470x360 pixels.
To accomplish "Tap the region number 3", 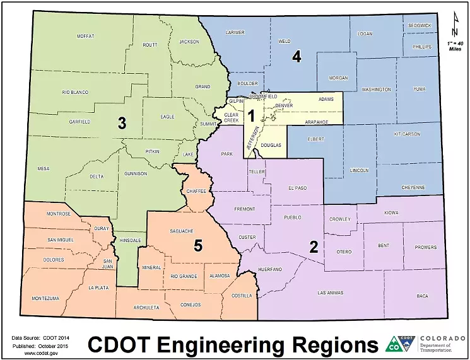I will (x=122, y=124).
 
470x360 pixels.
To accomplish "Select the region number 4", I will (x=297, y=57).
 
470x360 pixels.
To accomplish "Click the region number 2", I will (x=313, y=247).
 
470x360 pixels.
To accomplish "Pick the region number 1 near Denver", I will (x=250, y=115).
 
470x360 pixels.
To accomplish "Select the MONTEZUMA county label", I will (x=45, y=298).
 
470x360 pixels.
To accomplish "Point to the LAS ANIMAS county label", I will (x=331, y=293).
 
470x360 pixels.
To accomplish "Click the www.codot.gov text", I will (x=38, y=353).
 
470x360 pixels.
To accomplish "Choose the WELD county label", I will (x=285, y=41).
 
